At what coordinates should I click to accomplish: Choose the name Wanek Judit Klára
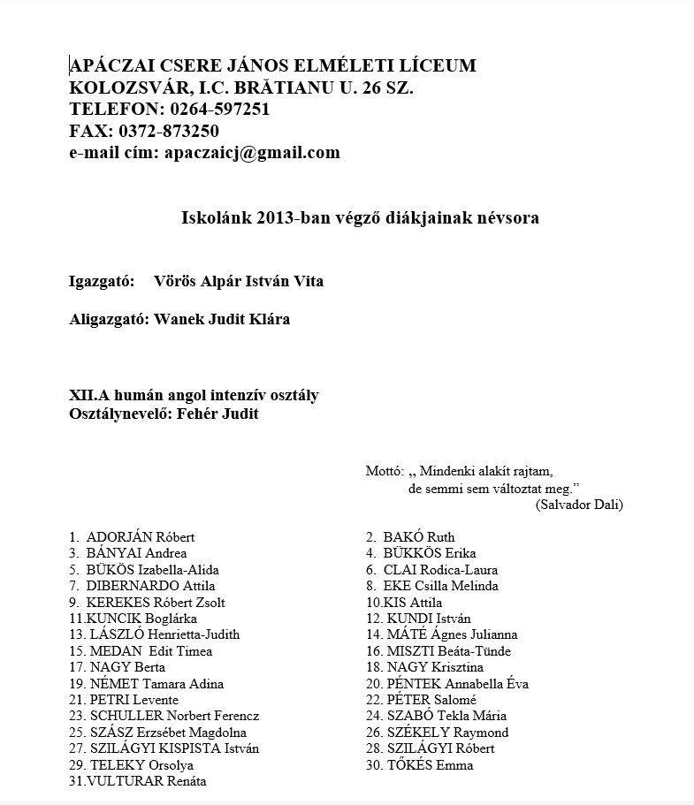click(222, 319)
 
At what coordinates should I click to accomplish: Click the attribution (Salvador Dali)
click(579, 505)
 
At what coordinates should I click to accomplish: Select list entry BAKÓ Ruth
click(419, 537)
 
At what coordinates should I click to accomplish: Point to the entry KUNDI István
click(429, 619)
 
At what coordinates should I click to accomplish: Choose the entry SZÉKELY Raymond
click(447, 733)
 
